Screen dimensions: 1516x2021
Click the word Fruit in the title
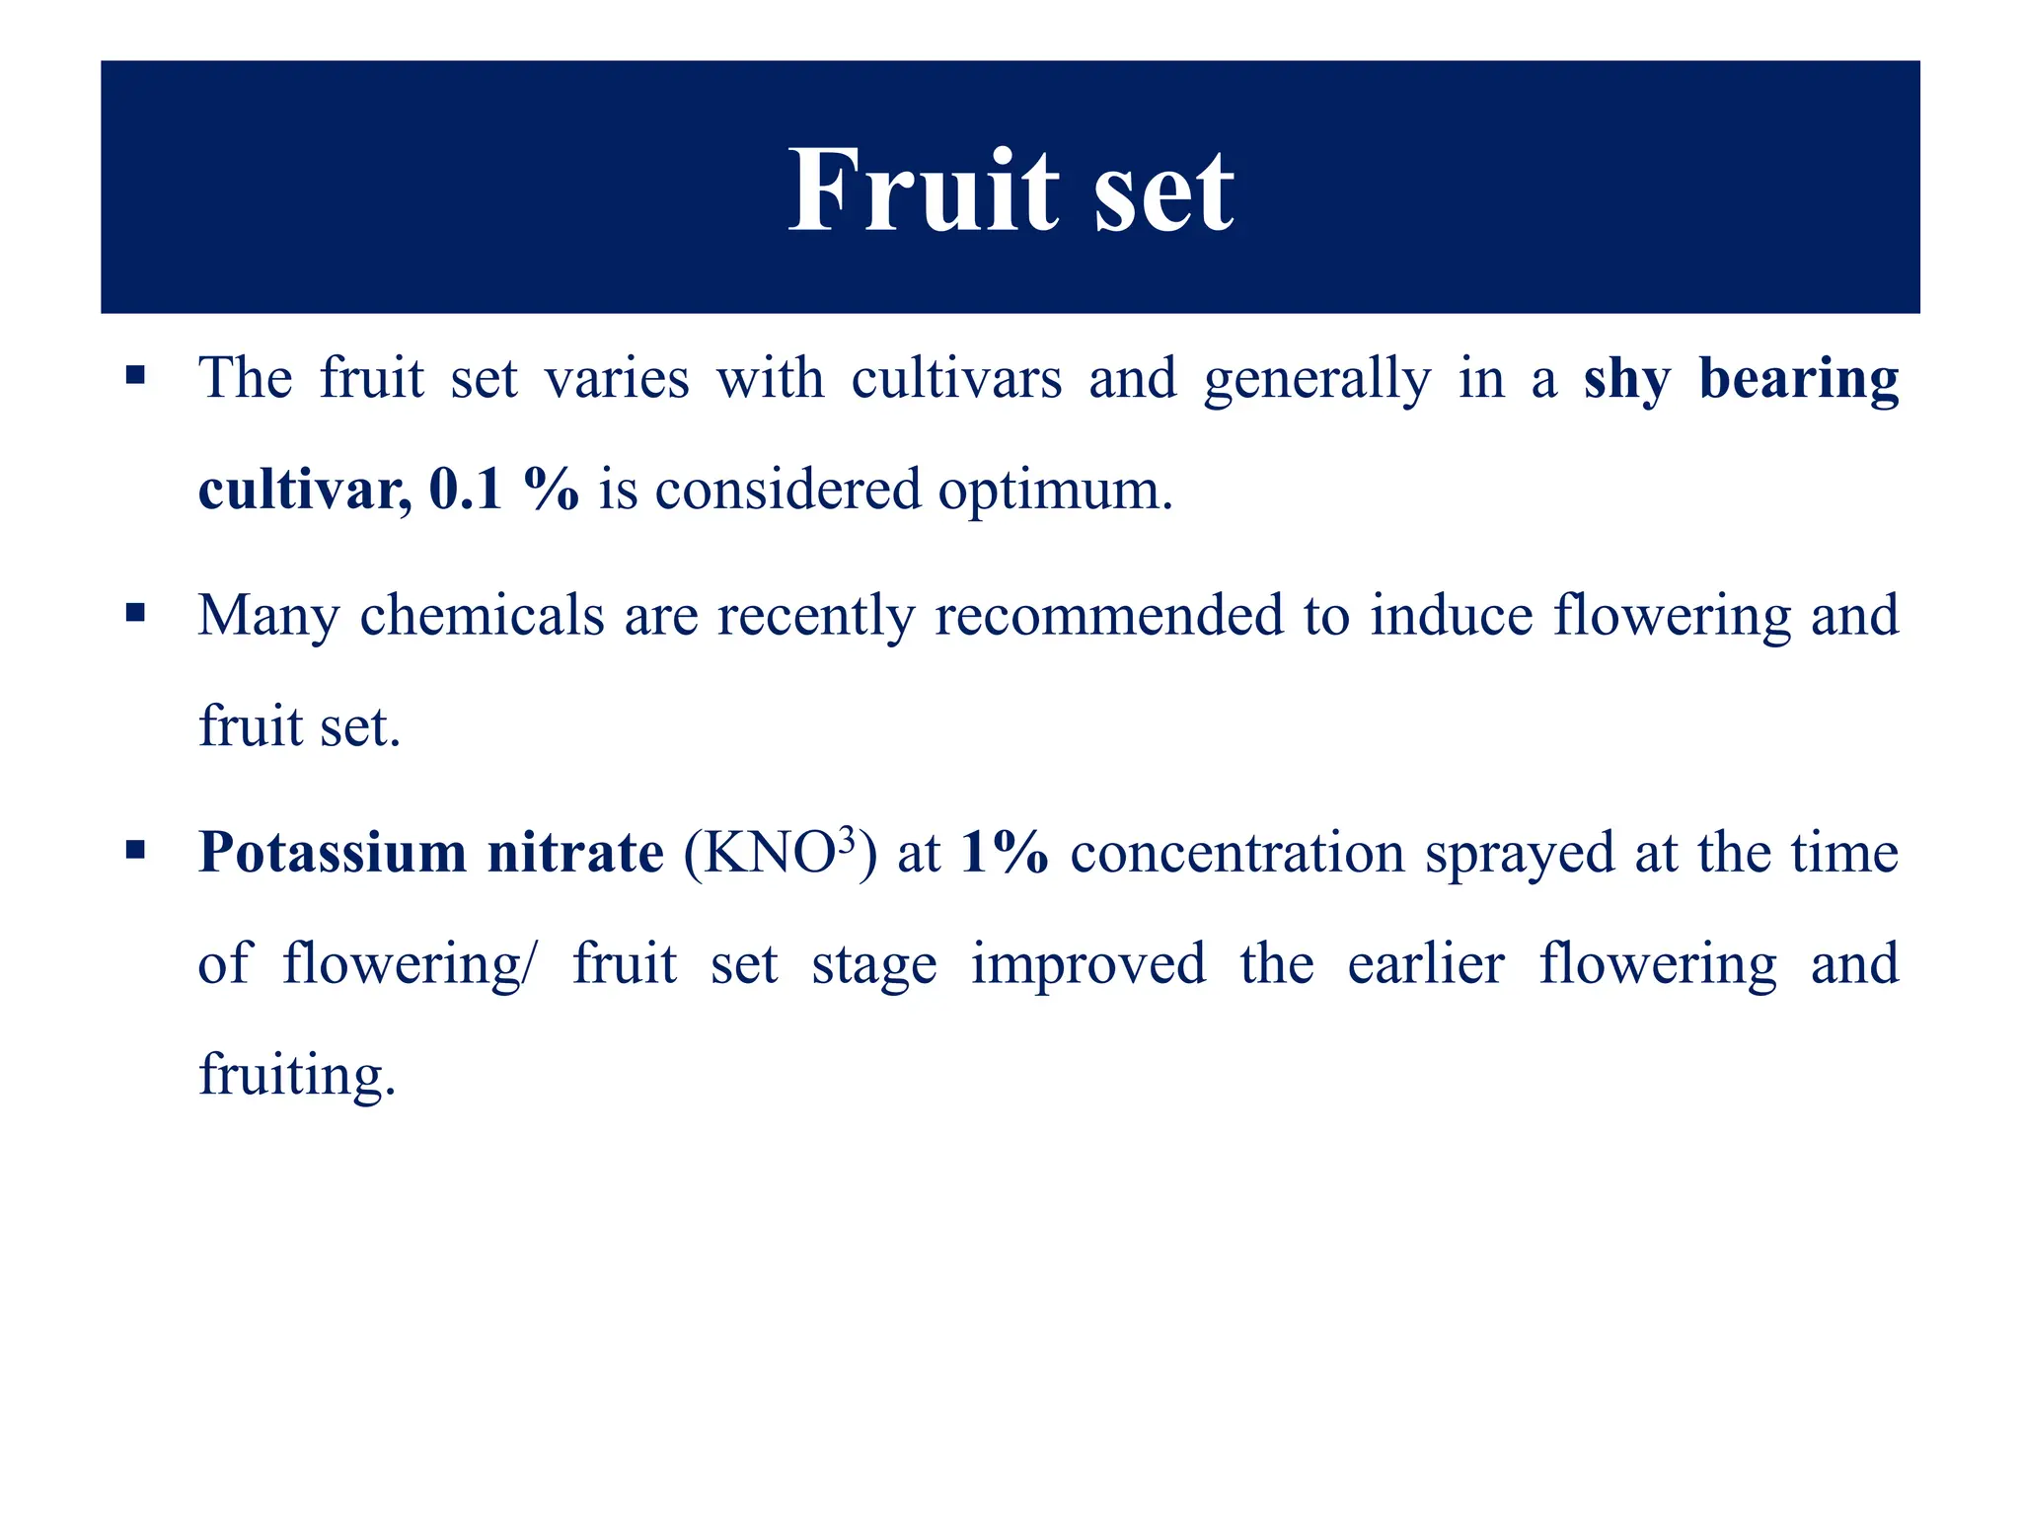pyautogui.click(x=923, y=189)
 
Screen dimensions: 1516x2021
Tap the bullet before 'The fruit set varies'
pyautogui.click(x=136, y=376)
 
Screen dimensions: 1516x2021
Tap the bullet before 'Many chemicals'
pyautogui.click(x=136, y=613)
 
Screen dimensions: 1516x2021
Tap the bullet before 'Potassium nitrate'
pyautogui.click(x=136, y=850)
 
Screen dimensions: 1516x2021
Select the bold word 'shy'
pyautogui.click(x=1627, y=380)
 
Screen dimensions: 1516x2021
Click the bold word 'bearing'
pyautogui.click(x=1798, y=380)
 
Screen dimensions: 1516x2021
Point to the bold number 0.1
pyautogui.click(x=466, y=489)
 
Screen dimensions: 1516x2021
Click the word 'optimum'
pyautogui.click(x=1053, y=491)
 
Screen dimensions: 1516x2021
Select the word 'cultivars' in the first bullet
pyautogui.click(x=955, y=378)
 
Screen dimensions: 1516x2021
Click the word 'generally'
pyautogui.click(x=1316, y=380)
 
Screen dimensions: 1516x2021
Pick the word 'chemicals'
pyautogui.click(x=482, y=615)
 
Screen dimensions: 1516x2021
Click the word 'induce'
pyautogui.click(x=1451, y=615)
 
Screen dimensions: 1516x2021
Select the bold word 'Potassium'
pyautogui.click(x=333, y=852)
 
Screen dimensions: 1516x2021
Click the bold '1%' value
pyautogui.click(x=1004, y=852)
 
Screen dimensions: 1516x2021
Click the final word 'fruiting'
pyautogui.click(x=296, y=1075)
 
